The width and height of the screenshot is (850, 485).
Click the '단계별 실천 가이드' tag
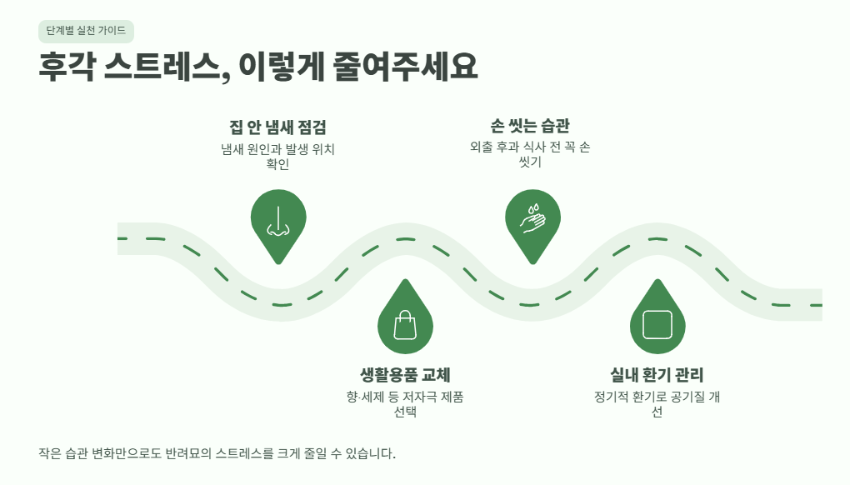click(86, 31)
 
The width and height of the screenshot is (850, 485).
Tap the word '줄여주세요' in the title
click(405, 67)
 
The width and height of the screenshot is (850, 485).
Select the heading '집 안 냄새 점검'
click(277, 127)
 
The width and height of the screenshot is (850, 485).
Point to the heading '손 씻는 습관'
click(530, 126)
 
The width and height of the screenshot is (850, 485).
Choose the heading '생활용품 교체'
click(405, 374)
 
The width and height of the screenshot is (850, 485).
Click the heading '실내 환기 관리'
click(657, 374)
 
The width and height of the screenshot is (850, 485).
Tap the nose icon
click(278, 222)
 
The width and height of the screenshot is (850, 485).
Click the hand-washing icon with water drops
click(532, 218)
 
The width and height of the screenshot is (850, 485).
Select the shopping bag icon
click(405, 325)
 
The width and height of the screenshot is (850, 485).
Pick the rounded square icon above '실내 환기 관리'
click(657, 325)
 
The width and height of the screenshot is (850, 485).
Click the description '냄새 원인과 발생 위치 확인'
click(277, 157)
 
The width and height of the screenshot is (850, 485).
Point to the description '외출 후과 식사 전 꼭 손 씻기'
click(530, 154)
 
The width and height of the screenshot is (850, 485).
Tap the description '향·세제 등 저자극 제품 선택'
click(405, 404)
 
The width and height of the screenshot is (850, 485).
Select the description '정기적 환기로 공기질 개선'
click(657, 404)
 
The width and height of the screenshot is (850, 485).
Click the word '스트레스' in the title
click(167, 67)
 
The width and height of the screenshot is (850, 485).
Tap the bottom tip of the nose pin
click(278, 264)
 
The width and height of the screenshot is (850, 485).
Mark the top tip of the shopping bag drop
click(405, 280)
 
